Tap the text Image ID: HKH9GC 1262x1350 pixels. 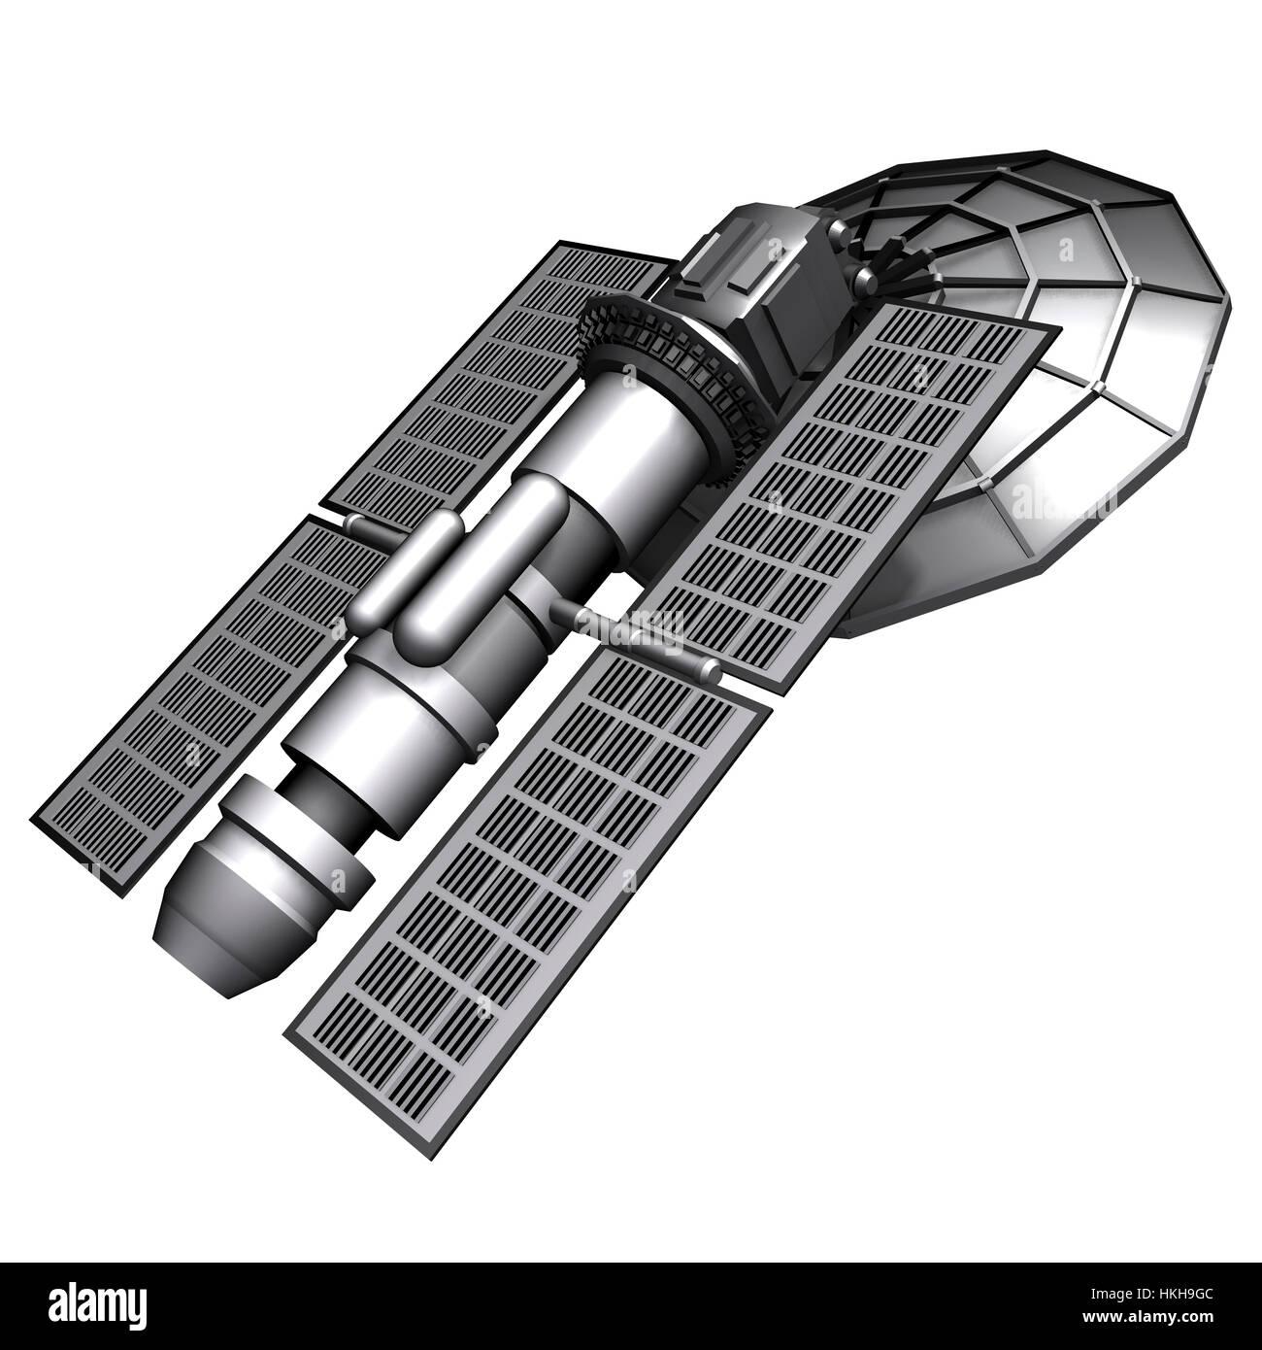[x=1166, y=1297]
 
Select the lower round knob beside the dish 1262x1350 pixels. [x=864, y=282]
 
